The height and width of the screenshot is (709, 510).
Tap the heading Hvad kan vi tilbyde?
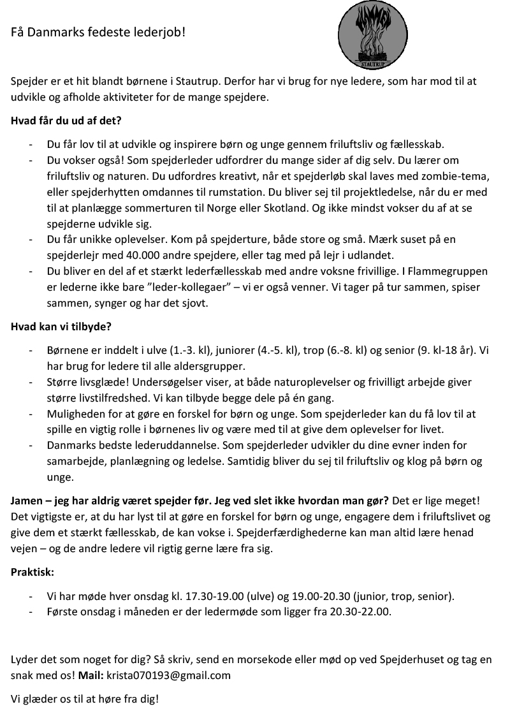61,327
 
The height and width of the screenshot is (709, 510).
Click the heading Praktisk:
33,572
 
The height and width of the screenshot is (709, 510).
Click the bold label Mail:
91,675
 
